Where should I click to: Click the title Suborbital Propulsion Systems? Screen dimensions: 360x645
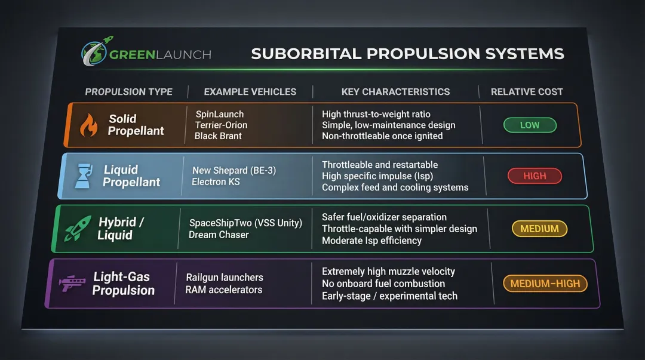click(x=407, y=54)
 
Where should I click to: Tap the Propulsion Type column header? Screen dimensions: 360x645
click(x=128, y=92)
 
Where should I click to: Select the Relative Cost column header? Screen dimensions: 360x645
click(x=527, y=92)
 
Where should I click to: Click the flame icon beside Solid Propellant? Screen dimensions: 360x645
click(x=88, y=125)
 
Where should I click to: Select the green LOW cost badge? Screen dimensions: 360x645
click(x=530, y=125)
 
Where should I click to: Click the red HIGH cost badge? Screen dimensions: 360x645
click(x=535, y=176)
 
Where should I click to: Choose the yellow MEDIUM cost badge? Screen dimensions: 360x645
click(x=539, y=229)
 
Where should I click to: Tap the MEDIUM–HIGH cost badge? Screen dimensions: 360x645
click(x=545, y=284)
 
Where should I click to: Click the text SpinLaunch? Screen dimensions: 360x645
click(x=219, y=114)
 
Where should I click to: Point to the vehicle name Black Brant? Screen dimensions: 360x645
click(x=218, y=136)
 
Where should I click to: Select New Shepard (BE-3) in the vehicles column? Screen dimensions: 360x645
click(x=234, y=171)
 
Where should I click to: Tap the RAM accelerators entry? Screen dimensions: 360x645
click(x=223, y=290)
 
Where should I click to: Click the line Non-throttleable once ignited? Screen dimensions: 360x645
click(x=382, y=136)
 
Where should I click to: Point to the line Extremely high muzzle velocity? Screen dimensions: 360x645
click(x=388, y=272)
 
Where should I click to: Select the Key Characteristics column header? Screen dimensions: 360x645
click(x=395, y=92)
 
